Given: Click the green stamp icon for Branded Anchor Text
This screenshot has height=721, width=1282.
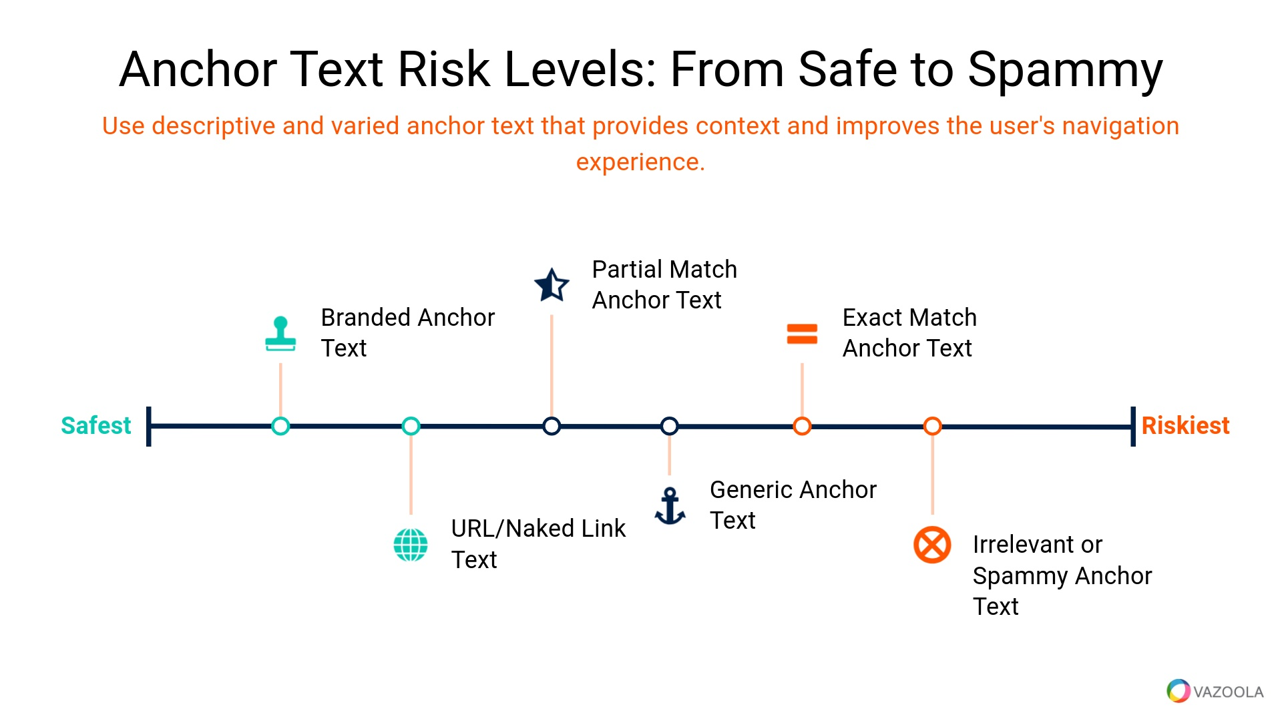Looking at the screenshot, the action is tap(280, 334).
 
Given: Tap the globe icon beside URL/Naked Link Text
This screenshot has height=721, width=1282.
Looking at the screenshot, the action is tap(411, 545).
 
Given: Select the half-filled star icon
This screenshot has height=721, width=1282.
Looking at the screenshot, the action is tap(552, 285).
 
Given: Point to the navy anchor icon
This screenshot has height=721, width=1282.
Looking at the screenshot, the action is tap(670, 506).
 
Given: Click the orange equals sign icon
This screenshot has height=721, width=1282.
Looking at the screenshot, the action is tap(802, 334).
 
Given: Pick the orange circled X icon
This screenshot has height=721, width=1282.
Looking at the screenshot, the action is tap(932, 545).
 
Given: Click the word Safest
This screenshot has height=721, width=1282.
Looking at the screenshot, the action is tap(96, 425).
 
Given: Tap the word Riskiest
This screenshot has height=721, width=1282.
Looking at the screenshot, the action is tap(1185, 425).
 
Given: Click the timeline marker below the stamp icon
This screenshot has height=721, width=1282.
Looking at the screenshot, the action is tap(280, 426).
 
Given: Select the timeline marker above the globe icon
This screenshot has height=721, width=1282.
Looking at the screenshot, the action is tap(411, 426).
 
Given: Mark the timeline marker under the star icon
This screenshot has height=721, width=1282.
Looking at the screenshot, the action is tap(552, 426).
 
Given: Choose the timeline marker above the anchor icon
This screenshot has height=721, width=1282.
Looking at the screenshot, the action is tap(670, 426).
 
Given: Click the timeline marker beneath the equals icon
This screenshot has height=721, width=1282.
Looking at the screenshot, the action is tap(802, 426).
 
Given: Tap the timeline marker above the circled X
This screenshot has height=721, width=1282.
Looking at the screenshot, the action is tap(933, 426).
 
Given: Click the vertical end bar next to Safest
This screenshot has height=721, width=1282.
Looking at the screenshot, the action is tap(149, 426).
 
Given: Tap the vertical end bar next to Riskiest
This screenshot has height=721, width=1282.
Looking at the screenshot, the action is tap(1133, 426).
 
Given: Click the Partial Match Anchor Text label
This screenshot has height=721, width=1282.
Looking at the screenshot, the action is tap(664, 285).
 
